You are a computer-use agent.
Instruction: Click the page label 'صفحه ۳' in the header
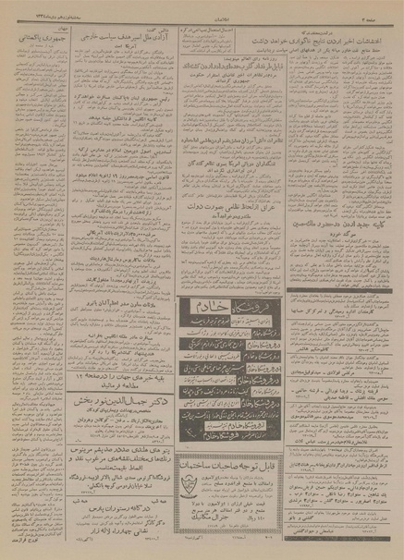click(377, 7)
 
